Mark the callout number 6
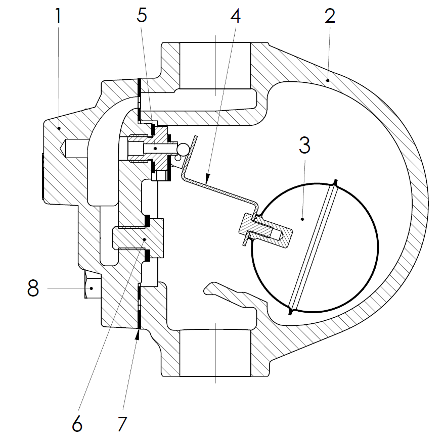[x=77, y=423]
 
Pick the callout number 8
[x=33, y=288]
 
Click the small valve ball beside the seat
[x=183, y=149]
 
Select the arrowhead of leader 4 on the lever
[x=208, y=177]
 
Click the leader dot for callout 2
[x=328, y=79]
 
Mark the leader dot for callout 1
[x=59, y=129]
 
